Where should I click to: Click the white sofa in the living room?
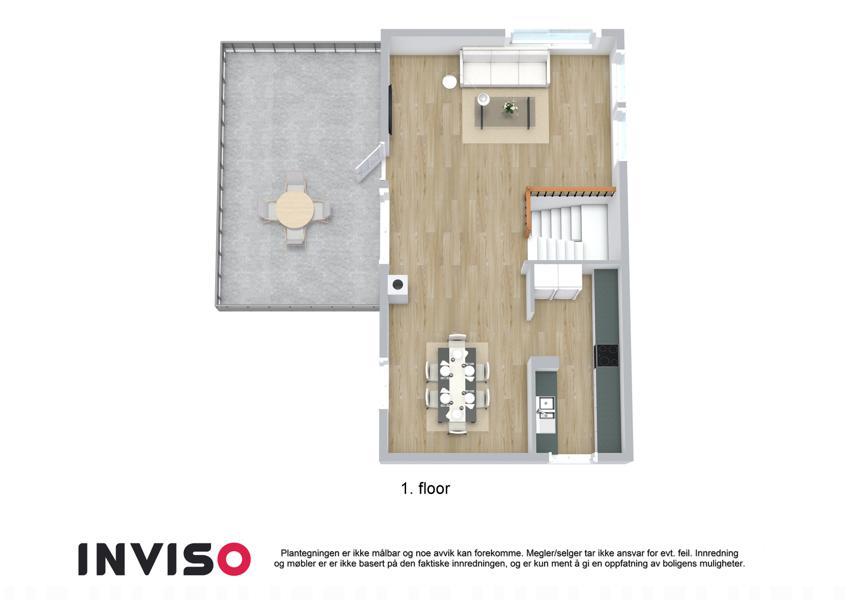click(x=505, y=68)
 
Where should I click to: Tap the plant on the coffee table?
click(x=510, y=108)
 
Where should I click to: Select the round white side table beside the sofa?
click(x=449, y=81)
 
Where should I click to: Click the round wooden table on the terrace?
click(x=295, y=210)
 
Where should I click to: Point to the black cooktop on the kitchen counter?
click(x=607, y=356)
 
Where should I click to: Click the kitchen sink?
click(x=545, y=403)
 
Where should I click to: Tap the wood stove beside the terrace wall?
click(x=398, y=284)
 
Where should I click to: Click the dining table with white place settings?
click(x=458, y=384)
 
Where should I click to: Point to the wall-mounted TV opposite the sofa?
click(x=389, y=108)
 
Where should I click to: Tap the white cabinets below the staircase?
click(x=557, y=281)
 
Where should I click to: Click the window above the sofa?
click(x=551, y=36)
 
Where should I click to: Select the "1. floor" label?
click(x=425, y=488)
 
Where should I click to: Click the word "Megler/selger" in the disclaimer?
click(x=552, y=553)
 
